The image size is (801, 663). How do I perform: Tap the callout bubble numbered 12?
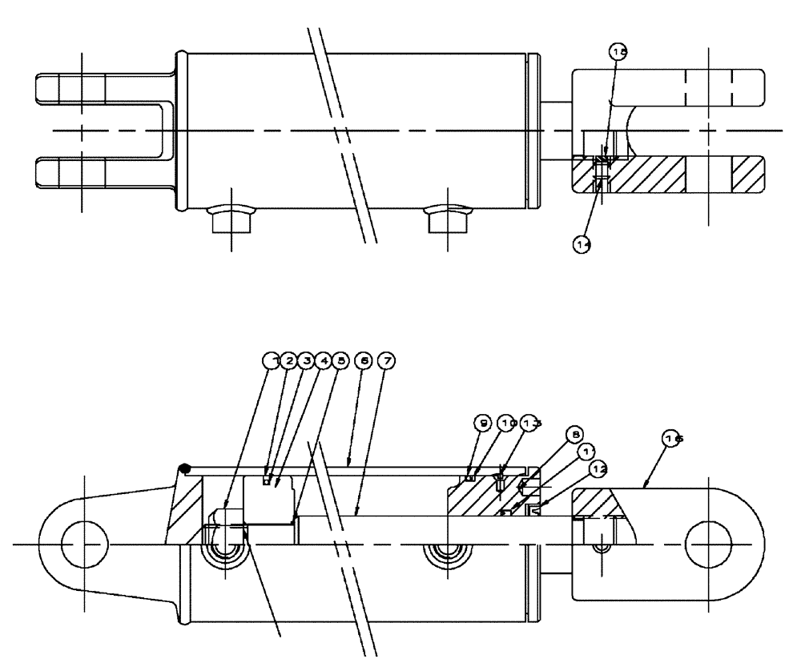tap(598, 467)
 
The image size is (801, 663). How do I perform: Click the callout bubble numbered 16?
tap(673, 438)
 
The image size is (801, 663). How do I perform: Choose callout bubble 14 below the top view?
tap(582, 246)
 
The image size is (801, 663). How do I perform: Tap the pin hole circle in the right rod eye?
tap(710, 544)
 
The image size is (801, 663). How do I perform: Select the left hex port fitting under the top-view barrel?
tap(230, 217)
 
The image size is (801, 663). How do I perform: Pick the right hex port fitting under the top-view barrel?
tap(447, 217)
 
